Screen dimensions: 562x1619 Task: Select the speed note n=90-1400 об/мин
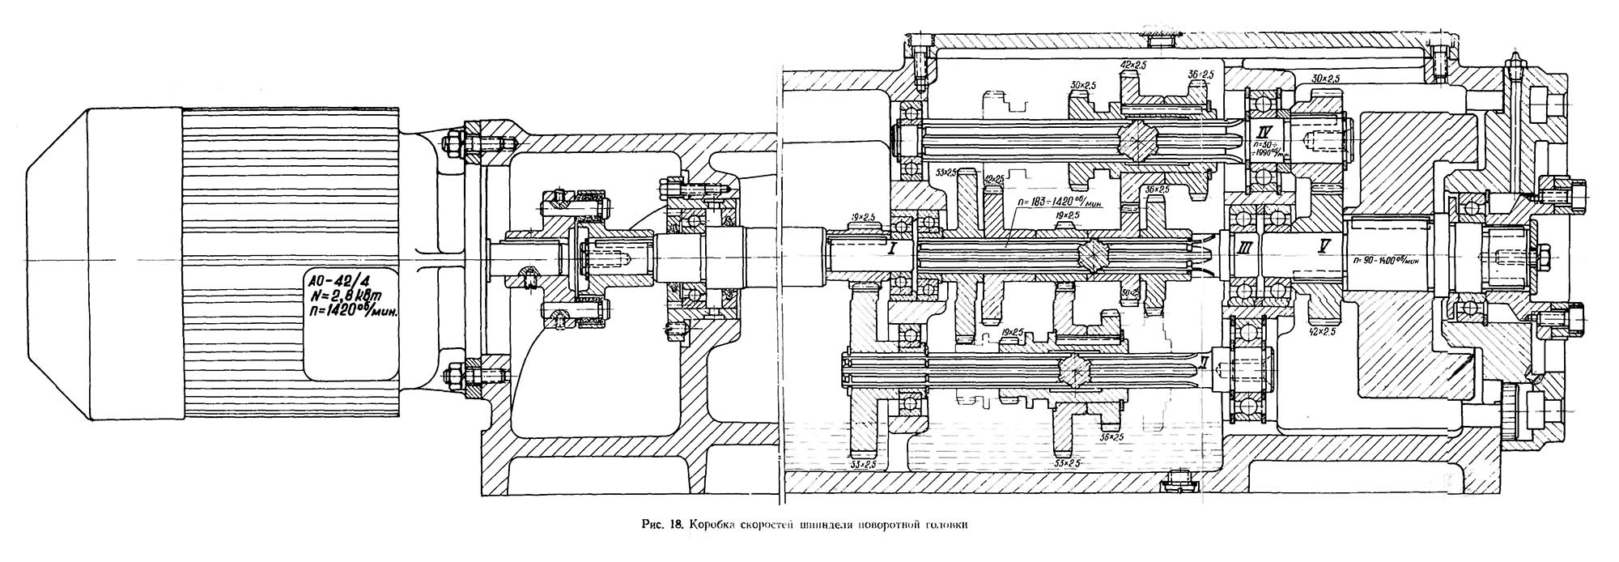tap(1385, 261)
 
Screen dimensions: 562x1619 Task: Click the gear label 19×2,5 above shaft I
tap(861, 218)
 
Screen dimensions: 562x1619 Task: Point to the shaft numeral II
tap(1205, 362)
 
